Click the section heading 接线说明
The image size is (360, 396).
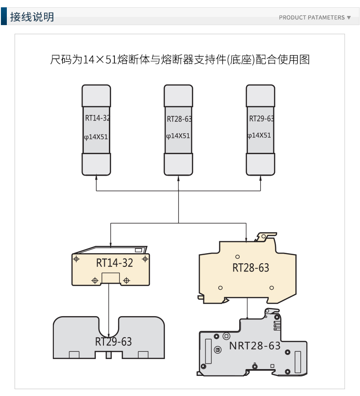32,17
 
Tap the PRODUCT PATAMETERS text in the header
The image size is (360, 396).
312,18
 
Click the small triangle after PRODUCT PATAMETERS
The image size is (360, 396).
349,18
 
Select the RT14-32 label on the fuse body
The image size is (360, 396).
97,118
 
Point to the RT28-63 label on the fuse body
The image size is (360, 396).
179,119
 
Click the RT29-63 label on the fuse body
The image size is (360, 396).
261,119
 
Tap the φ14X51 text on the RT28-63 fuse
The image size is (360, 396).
178,136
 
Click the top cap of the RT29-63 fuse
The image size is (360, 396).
260,95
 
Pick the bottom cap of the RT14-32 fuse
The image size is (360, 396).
96,164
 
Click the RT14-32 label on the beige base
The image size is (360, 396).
114,263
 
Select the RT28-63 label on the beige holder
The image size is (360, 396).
251,268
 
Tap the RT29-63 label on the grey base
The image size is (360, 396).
113,342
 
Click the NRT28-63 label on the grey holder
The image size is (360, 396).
255,345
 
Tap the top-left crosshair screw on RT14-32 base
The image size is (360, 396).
77,259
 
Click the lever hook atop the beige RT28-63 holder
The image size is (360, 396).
266,236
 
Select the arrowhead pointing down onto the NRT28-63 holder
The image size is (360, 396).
247,316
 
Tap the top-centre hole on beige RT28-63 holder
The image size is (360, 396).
237,258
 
